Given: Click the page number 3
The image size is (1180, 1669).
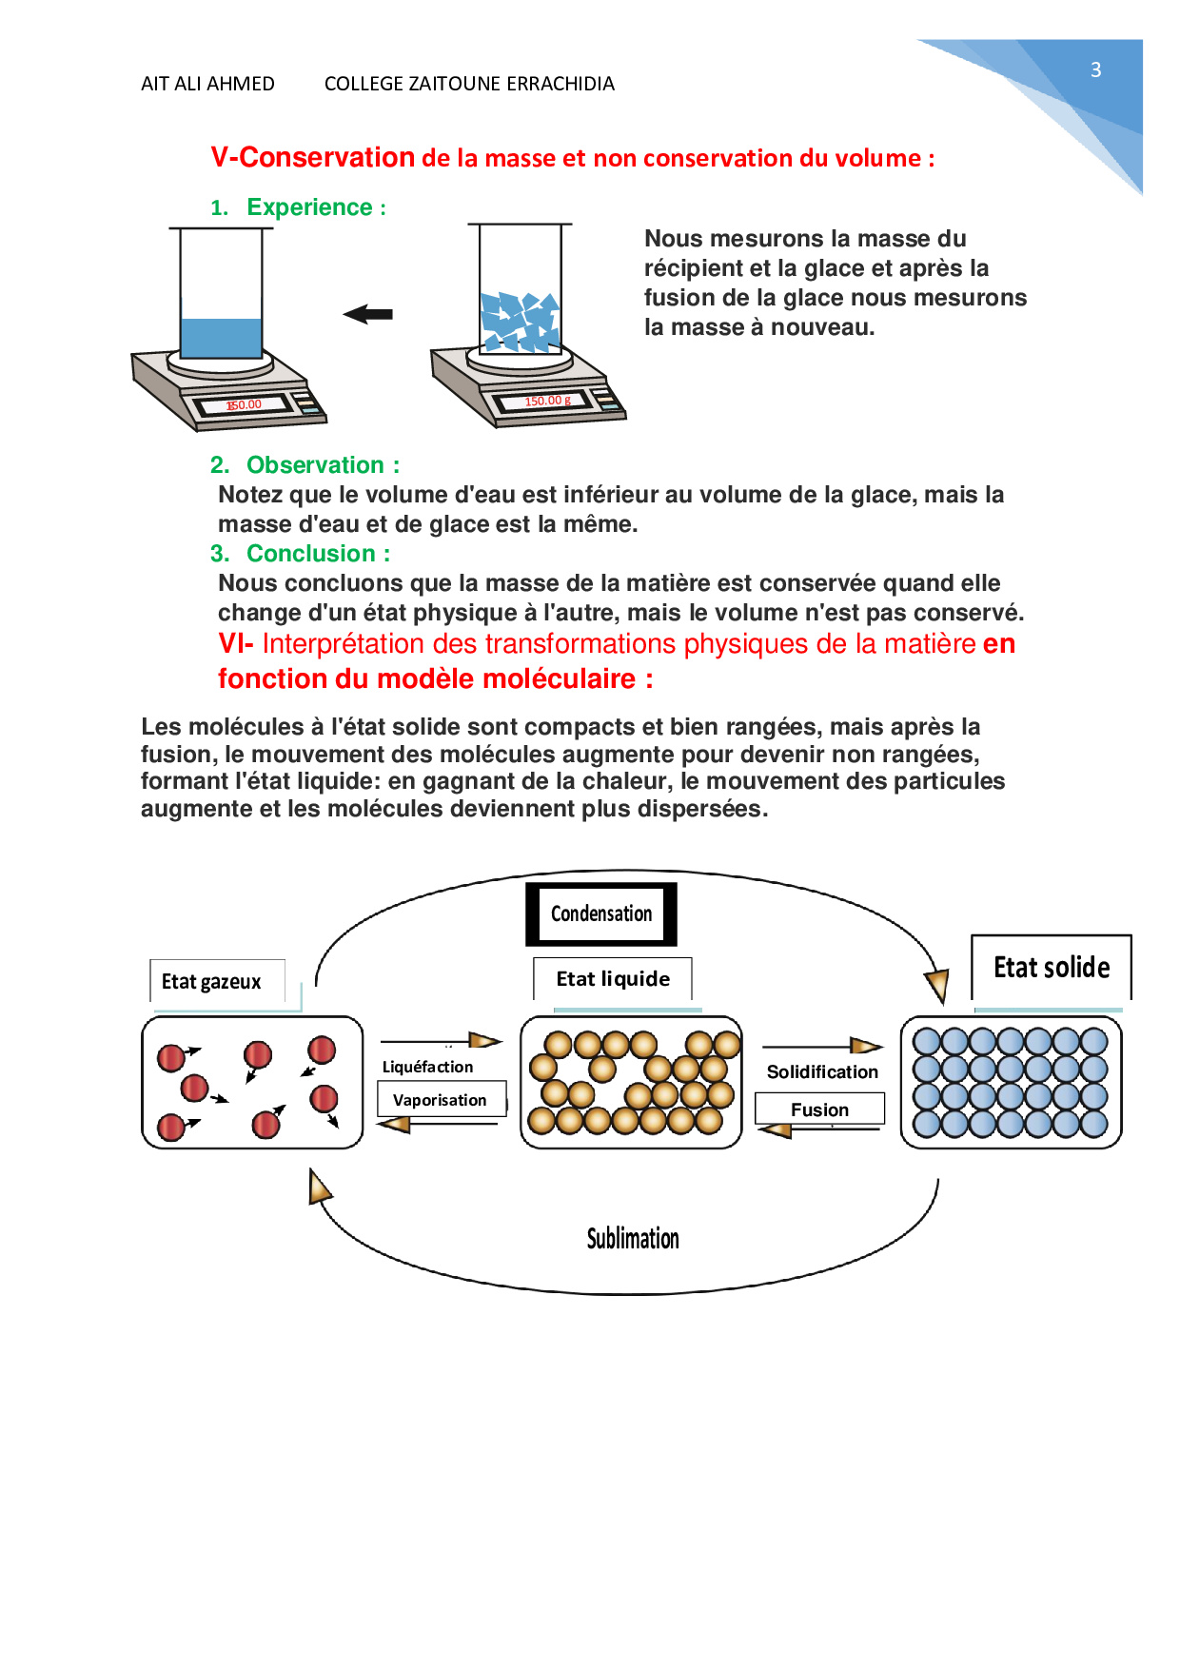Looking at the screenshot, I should (x=1095, y=69).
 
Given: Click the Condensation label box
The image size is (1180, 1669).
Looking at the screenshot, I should (x=601, y=913).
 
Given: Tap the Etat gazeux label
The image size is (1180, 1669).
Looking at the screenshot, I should (x=211, y=981).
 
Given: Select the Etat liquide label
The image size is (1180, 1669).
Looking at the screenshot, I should (x=613, y=979).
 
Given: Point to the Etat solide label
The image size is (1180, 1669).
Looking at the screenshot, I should (x=1052, y=968).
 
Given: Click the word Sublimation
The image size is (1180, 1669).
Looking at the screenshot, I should (x=633, y=1238).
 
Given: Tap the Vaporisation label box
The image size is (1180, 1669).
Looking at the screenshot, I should (x=440, y=1100).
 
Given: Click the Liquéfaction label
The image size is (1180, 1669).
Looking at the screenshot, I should (x=427, y=1067).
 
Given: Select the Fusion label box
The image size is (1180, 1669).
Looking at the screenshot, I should (x=819, y=1109).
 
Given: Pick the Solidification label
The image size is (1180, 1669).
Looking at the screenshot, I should (x=822, y=1071).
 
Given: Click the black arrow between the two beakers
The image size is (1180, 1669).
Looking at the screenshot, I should (x=368, y=314).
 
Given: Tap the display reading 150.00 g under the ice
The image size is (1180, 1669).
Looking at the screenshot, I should (x=547, y=402).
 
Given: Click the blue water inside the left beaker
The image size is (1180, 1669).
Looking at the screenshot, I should (x=221, y=337).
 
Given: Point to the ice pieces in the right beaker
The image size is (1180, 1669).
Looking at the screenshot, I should (x=520, y=321).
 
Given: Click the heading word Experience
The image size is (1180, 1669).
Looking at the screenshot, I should (x=309, y=207).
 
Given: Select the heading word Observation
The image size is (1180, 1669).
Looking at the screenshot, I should (x=315, y=465).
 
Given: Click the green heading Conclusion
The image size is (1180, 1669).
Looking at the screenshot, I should (x=311, y=554).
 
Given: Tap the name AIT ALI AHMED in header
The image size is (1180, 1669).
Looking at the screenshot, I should (x=207, y=84).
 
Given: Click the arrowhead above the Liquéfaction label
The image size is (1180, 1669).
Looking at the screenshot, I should (x=484, y=1040).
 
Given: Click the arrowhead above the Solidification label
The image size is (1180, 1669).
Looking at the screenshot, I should (x=865, y=1046).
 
